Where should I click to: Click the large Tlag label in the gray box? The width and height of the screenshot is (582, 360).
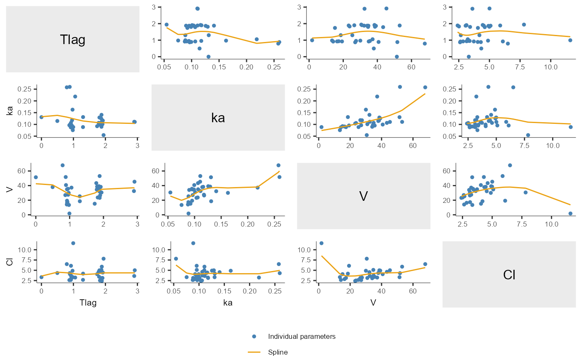click(x=73, y=40)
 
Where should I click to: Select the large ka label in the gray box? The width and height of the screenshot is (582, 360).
click(x=218, y=118)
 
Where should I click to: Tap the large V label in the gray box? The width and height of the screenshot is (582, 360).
click(x=363, y=196)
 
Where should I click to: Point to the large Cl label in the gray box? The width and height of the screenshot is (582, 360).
click(x=509, y=274)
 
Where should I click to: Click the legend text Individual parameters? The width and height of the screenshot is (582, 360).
click(x=302, y=337)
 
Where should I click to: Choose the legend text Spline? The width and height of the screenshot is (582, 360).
click(x=278, y=352)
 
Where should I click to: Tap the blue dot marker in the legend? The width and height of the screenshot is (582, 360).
click(x=254, y=337)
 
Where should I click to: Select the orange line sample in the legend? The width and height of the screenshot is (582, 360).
click(x=254, y=352)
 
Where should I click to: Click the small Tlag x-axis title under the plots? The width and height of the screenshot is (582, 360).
click(x=88, y=303)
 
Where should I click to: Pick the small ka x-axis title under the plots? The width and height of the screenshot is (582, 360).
click(x=228, y=303)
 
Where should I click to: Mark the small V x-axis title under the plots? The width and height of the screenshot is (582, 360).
click(x=373, y=303)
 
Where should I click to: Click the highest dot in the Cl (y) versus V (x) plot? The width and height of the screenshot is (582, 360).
click(x=321, y=243)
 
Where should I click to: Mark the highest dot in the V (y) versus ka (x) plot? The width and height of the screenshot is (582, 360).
click(x=279, y=165)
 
